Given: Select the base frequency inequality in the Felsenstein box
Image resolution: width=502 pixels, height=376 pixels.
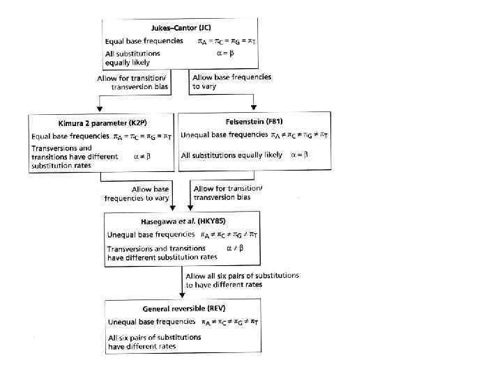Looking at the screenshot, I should (295, 134).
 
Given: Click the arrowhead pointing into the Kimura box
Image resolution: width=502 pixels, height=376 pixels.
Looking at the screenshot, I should (102, 109).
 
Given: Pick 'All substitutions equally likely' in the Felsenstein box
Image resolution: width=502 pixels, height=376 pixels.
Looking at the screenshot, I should (231, 155).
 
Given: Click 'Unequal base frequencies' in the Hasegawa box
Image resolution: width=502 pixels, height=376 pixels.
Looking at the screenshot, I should (151, 235).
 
